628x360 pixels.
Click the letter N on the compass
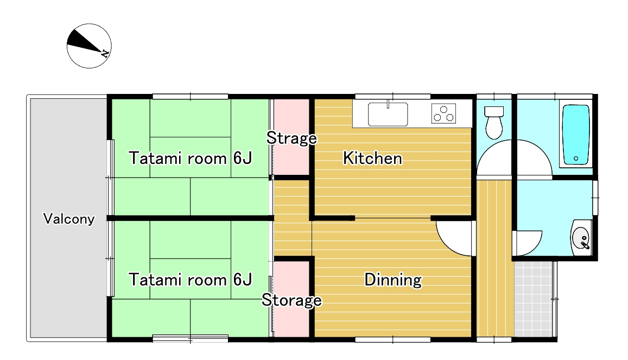[105, 53]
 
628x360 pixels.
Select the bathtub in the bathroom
[576, 135]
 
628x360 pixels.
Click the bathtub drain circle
[575, 159]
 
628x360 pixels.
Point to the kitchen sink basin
[388, 114]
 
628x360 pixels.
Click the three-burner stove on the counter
[444, 113]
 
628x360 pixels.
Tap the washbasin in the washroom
[580, 237]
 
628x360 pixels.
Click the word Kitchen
[372, 158]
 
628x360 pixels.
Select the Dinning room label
[393, 280]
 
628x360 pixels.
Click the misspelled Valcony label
[69, 219]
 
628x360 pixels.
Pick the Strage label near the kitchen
[291, 138]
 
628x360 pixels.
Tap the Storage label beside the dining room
[291, 300]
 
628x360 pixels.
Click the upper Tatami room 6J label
[190, 158]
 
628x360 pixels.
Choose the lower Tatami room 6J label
[190, 280]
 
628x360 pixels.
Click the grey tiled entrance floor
[535, 299]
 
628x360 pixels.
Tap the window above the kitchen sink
[392, 96]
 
